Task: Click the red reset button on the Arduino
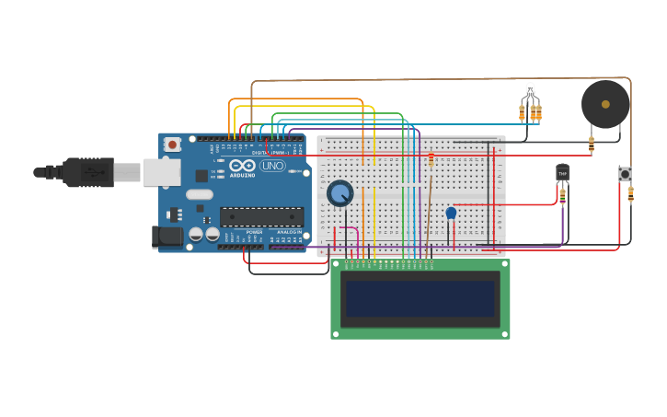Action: (x=172, y=145)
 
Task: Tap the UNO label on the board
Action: (x=272, y=166)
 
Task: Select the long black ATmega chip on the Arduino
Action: (x=261, y=217)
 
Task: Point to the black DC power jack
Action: (x=166, y=237)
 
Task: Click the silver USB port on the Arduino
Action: (x=161, y=172)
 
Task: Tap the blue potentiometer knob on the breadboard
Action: (x=339, y=193)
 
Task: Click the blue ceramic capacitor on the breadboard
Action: (x=451, y=214)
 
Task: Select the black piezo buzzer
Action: (x=605, y=104)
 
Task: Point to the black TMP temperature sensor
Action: (x=562, y=172)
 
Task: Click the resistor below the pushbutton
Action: (x=630, y=193)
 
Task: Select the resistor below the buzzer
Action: (x=591, y=144)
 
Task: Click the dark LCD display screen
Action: (x=420, y=299)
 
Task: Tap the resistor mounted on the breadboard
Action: (x=431, y=162)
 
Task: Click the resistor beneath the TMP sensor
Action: (x=562, y=194)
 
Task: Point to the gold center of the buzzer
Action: (x=605, y=104)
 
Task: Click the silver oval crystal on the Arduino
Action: (x=199, y=194)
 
